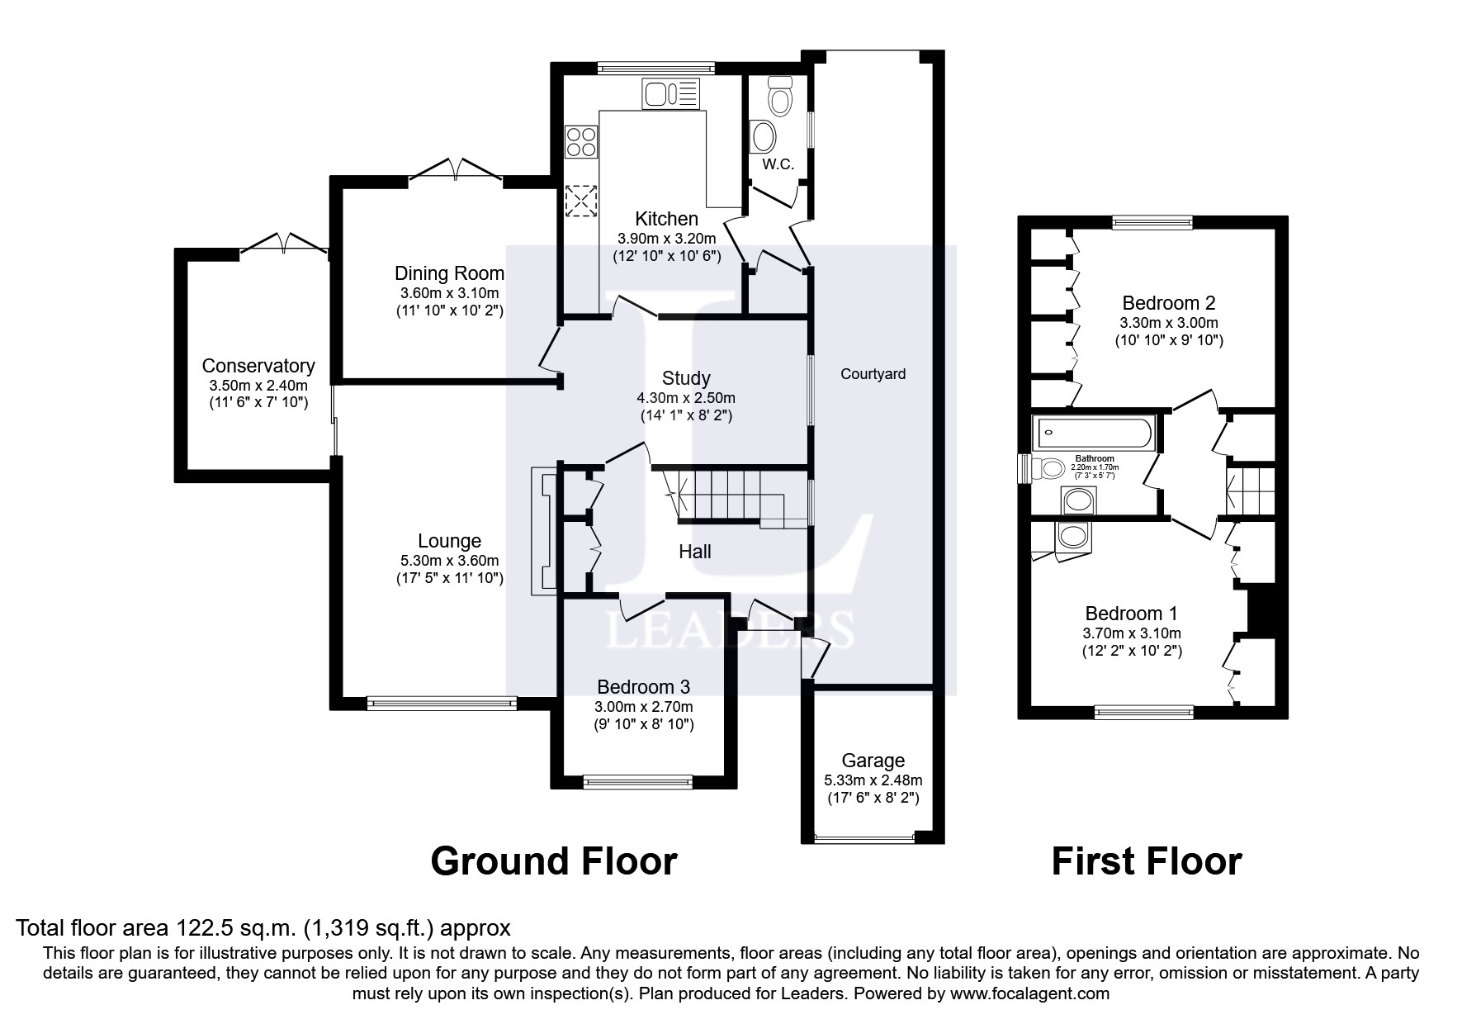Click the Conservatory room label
(x=258, y=366)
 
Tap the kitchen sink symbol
(x=671, y=93)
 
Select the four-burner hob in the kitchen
(x=580, y=141)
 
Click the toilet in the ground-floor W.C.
(x=779, y=97)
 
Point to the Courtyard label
(x=873, y=374)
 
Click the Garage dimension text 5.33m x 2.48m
(x=873, y=780)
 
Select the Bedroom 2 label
(x=1168, y=303)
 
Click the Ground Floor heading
(x=553, y=861)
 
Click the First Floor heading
(x=1146, y=861)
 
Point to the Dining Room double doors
(x=457, y=169)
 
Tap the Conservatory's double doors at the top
(x=283, y=243)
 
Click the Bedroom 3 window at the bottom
(x=637, y=780)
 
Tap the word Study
(x=686, y=378)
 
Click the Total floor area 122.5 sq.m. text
(x=263, y=927)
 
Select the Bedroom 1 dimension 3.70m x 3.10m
(x=1131, y=633)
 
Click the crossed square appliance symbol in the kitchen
(x=580, y=200)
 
